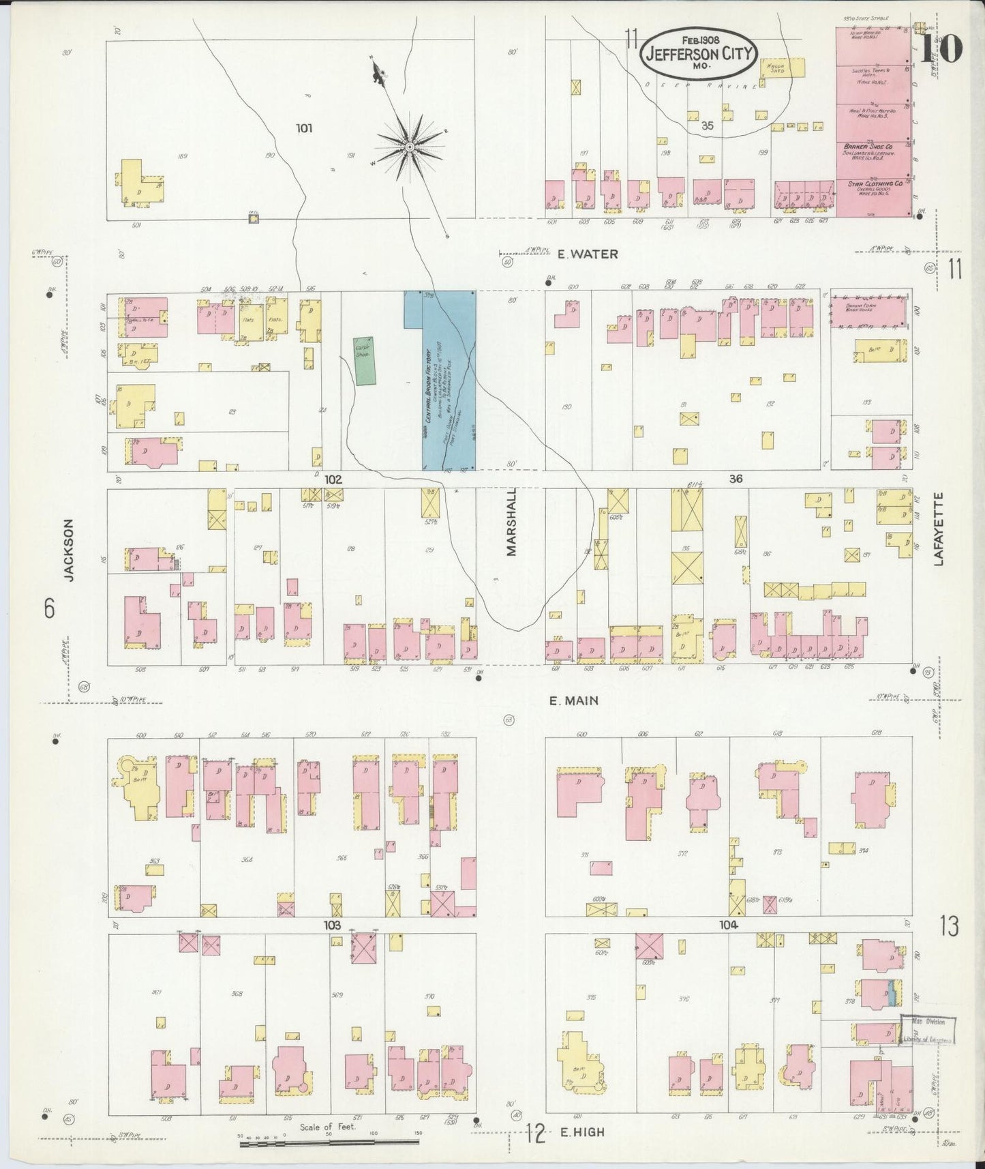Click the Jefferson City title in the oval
(x=697, y=54)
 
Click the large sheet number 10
(x=942, y=47)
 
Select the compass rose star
(x=410, y=147)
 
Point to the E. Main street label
(x=575, y=700)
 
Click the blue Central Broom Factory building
(x=440, y=379)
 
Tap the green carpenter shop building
(x=364, y=361)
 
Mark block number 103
(x=332, y=926)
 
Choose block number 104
(x=728, y=926)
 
